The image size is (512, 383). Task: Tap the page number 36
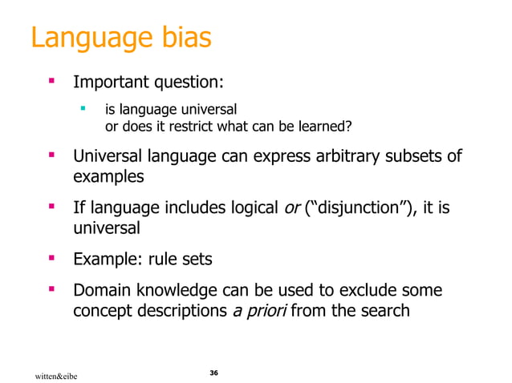click(x=213, y=373)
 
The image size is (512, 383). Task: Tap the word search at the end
click(x=383, y=311)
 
